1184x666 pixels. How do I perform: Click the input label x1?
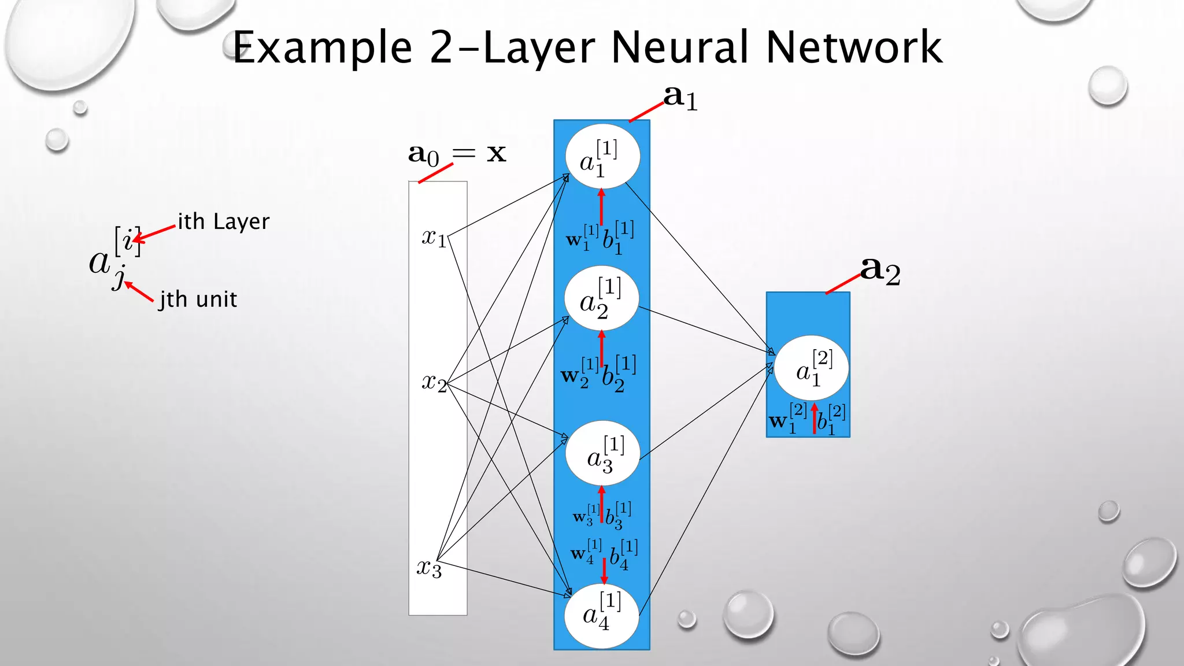(x=434, y=237)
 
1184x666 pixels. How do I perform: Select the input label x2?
(x=434, y=382)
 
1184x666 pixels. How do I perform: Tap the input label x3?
(x=429, y=568)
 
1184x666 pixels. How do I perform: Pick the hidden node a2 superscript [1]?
(x=601, y=298)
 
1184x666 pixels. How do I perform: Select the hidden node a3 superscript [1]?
(x=602, y=453)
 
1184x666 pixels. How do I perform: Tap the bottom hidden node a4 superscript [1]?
(x=601, y=615)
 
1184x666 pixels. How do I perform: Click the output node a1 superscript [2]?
(x=811, y=368)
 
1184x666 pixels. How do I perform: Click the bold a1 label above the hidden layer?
(x=680, y=97)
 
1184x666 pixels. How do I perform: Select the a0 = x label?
(x=457, y=154)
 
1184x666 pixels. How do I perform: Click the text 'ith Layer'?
(x=223, y=222)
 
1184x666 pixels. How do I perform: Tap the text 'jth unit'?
(x=198, y=299)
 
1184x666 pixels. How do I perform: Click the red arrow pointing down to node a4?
(x=604, y=571)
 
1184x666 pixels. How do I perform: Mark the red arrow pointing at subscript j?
(x=139, y=291)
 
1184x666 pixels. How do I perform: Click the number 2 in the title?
(x=442, y=47)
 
